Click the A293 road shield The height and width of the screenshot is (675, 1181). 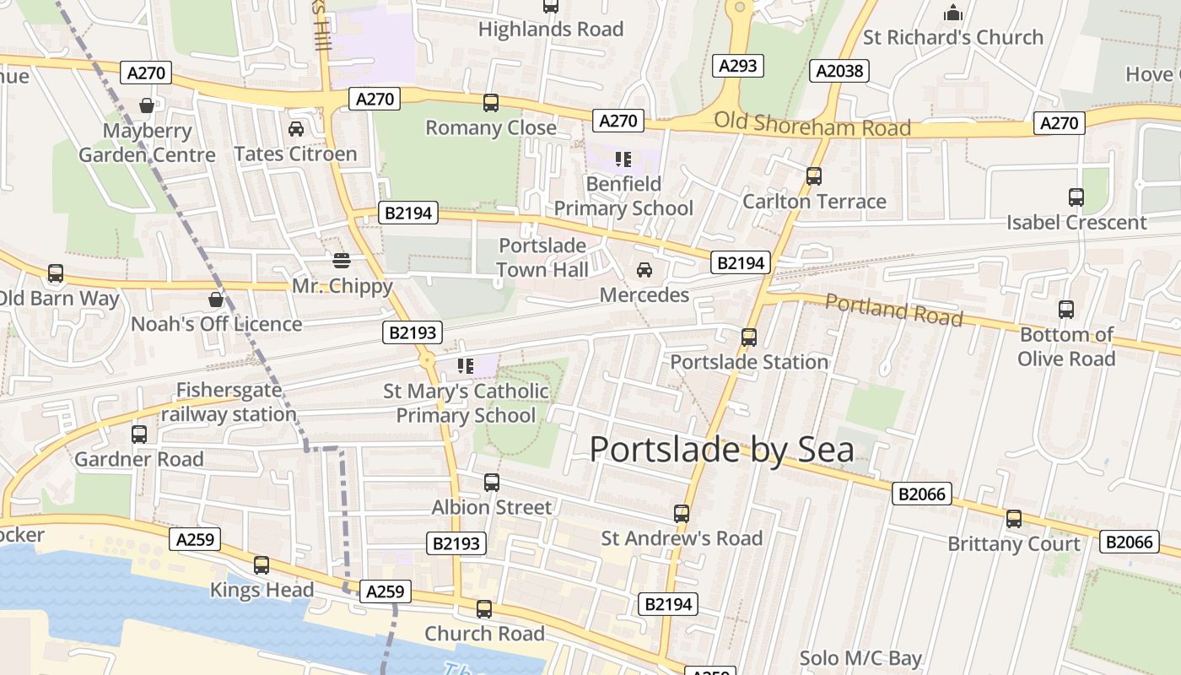[738, 66]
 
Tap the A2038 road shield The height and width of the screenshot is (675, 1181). [839, 71]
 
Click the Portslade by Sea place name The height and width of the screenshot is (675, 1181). [721, 449]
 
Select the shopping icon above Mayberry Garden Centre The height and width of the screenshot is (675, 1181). [147, 105]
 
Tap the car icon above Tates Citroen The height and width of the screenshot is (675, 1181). [296, 129]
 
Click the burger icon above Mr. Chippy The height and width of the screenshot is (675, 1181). [342, 261]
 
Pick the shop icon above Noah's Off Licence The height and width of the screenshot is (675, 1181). [216, 300]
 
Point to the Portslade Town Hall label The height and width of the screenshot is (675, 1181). [542, 257]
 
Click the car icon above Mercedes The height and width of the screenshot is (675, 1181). [644, 270]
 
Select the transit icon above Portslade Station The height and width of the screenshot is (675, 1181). [748, 337]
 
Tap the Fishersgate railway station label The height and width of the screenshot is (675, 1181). [229, 402]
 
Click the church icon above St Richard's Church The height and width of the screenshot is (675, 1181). [953, 13]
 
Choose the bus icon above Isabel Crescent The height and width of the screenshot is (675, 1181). [1076, 197]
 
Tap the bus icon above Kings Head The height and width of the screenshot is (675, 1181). [262, 565]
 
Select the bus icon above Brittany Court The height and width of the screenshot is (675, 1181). [1014, 519]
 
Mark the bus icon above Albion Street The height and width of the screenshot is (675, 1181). [492, 483]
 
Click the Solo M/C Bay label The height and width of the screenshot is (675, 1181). [860, 658]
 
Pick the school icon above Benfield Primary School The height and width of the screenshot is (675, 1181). [623, 159]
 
